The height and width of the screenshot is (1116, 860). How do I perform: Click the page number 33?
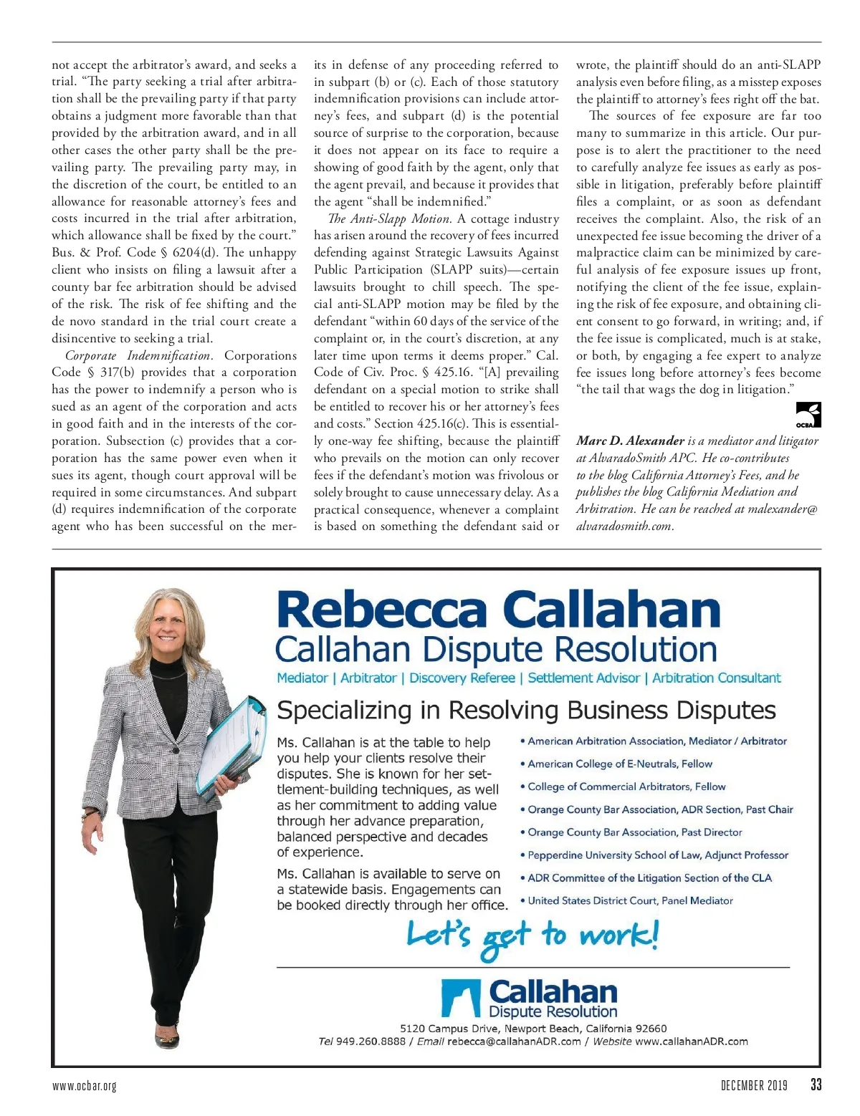[x=816, y=1084]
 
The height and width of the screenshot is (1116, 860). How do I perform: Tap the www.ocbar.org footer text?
[x=84, y=1086]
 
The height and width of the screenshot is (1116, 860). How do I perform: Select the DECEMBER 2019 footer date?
[x=753, y=1085]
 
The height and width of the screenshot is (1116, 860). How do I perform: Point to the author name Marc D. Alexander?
[x=630, y=441]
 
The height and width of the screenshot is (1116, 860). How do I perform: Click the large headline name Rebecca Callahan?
[x=498, y=610]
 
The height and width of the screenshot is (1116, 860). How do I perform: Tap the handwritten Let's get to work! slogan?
[x=532, y=938]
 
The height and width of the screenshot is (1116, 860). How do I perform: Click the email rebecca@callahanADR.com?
[x=514, y=1042]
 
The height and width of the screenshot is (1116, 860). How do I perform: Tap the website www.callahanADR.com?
[x=691, y=1042]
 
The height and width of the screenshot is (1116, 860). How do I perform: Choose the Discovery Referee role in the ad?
[x=462, y=678]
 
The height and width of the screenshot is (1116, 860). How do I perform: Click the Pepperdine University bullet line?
[x=657, y=855]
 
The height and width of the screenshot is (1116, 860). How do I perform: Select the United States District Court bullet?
[x=630, y=901]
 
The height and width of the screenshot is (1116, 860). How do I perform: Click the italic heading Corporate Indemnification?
[x=139, y=356]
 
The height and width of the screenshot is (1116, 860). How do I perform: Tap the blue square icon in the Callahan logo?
[x=460, y=999]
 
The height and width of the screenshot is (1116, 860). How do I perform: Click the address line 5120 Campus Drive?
[x=533, y=1029]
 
